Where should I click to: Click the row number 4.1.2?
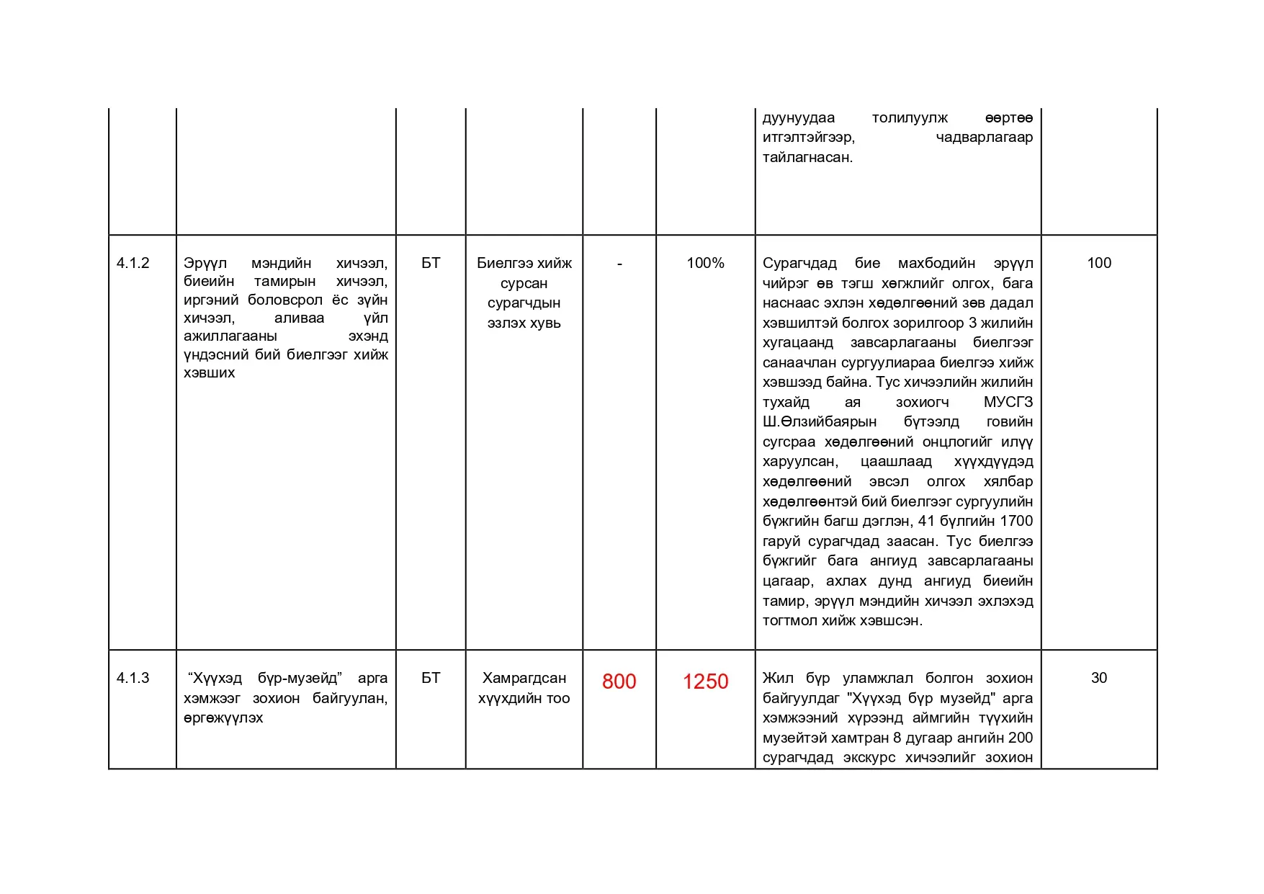click(x=133, y=263)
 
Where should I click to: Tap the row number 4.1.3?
click(x=133, y=678)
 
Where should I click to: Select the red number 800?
click(x=619, y=681)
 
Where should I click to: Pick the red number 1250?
click(x=705, y=681)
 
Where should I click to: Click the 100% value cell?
click(x=705, y=263)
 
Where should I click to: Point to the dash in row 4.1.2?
click(x=619, y=264)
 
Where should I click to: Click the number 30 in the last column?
click(x=1098, y=678)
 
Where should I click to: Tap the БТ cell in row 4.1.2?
click(x=431, y=263)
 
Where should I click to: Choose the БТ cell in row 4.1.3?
click(x=431, y=678)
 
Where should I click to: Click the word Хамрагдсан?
click(x=524, y=678)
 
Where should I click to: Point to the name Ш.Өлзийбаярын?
click(x=820, y=421)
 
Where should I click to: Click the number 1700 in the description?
click(x=1016, y=521)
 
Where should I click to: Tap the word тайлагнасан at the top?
click(x=807, y=157)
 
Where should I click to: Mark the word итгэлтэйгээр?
click(x=809, y=137)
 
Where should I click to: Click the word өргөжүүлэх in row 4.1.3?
click(x=223, y=718)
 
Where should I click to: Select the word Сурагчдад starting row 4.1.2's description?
click(x=799, y=263)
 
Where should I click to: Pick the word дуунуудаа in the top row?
click(x=799, y=117)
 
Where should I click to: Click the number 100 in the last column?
click(x=1098, y=263)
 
